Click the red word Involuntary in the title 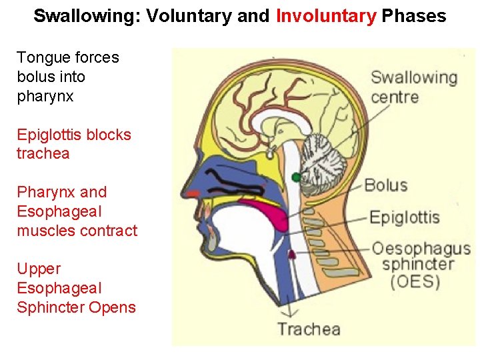(326, 16)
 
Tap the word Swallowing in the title (85, 16)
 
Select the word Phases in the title (414, 16)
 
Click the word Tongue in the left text (41, 58)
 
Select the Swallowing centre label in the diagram (413, 87)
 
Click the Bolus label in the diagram (385, 185)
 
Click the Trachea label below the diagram (309, 329)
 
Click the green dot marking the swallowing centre (296, 177)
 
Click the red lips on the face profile (193, 193)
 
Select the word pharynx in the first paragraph (45, 97)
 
